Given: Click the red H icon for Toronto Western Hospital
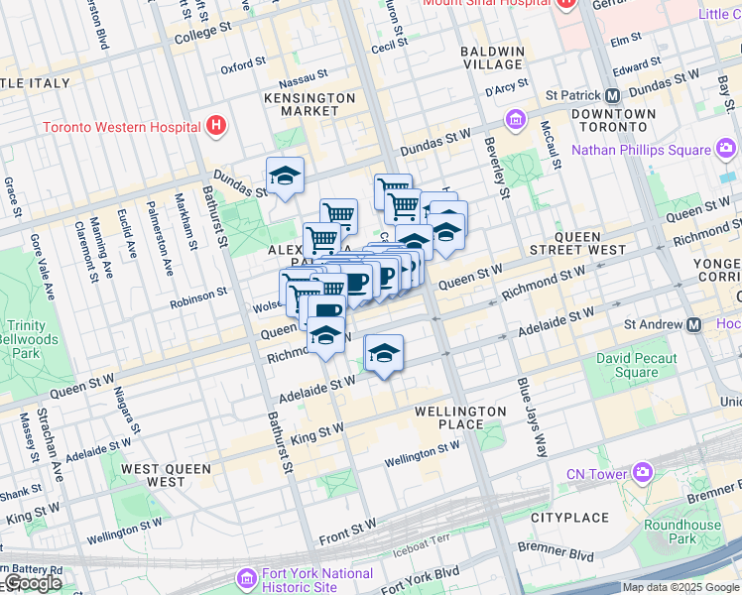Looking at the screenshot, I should click(216, 127).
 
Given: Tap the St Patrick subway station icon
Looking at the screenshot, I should click(613, 96).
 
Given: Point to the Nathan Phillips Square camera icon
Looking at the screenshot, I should click(726, 150).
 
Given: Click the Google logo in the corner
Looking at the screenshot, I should click(33, 583).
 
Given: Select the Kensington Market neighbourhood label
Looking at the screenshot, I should click(309, 104).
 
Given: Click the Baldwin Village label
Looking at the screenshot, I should click(493, 58).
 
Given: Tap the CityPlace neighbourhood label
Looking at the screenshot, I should click(568, 518).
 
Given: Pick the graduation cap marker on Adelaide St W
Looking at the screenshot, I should click(384, 352).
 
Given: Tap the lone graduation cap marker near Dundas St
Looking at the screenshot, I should click(285, 176).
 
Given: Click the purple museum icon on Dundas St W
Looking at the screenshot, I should click(516, 121).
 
